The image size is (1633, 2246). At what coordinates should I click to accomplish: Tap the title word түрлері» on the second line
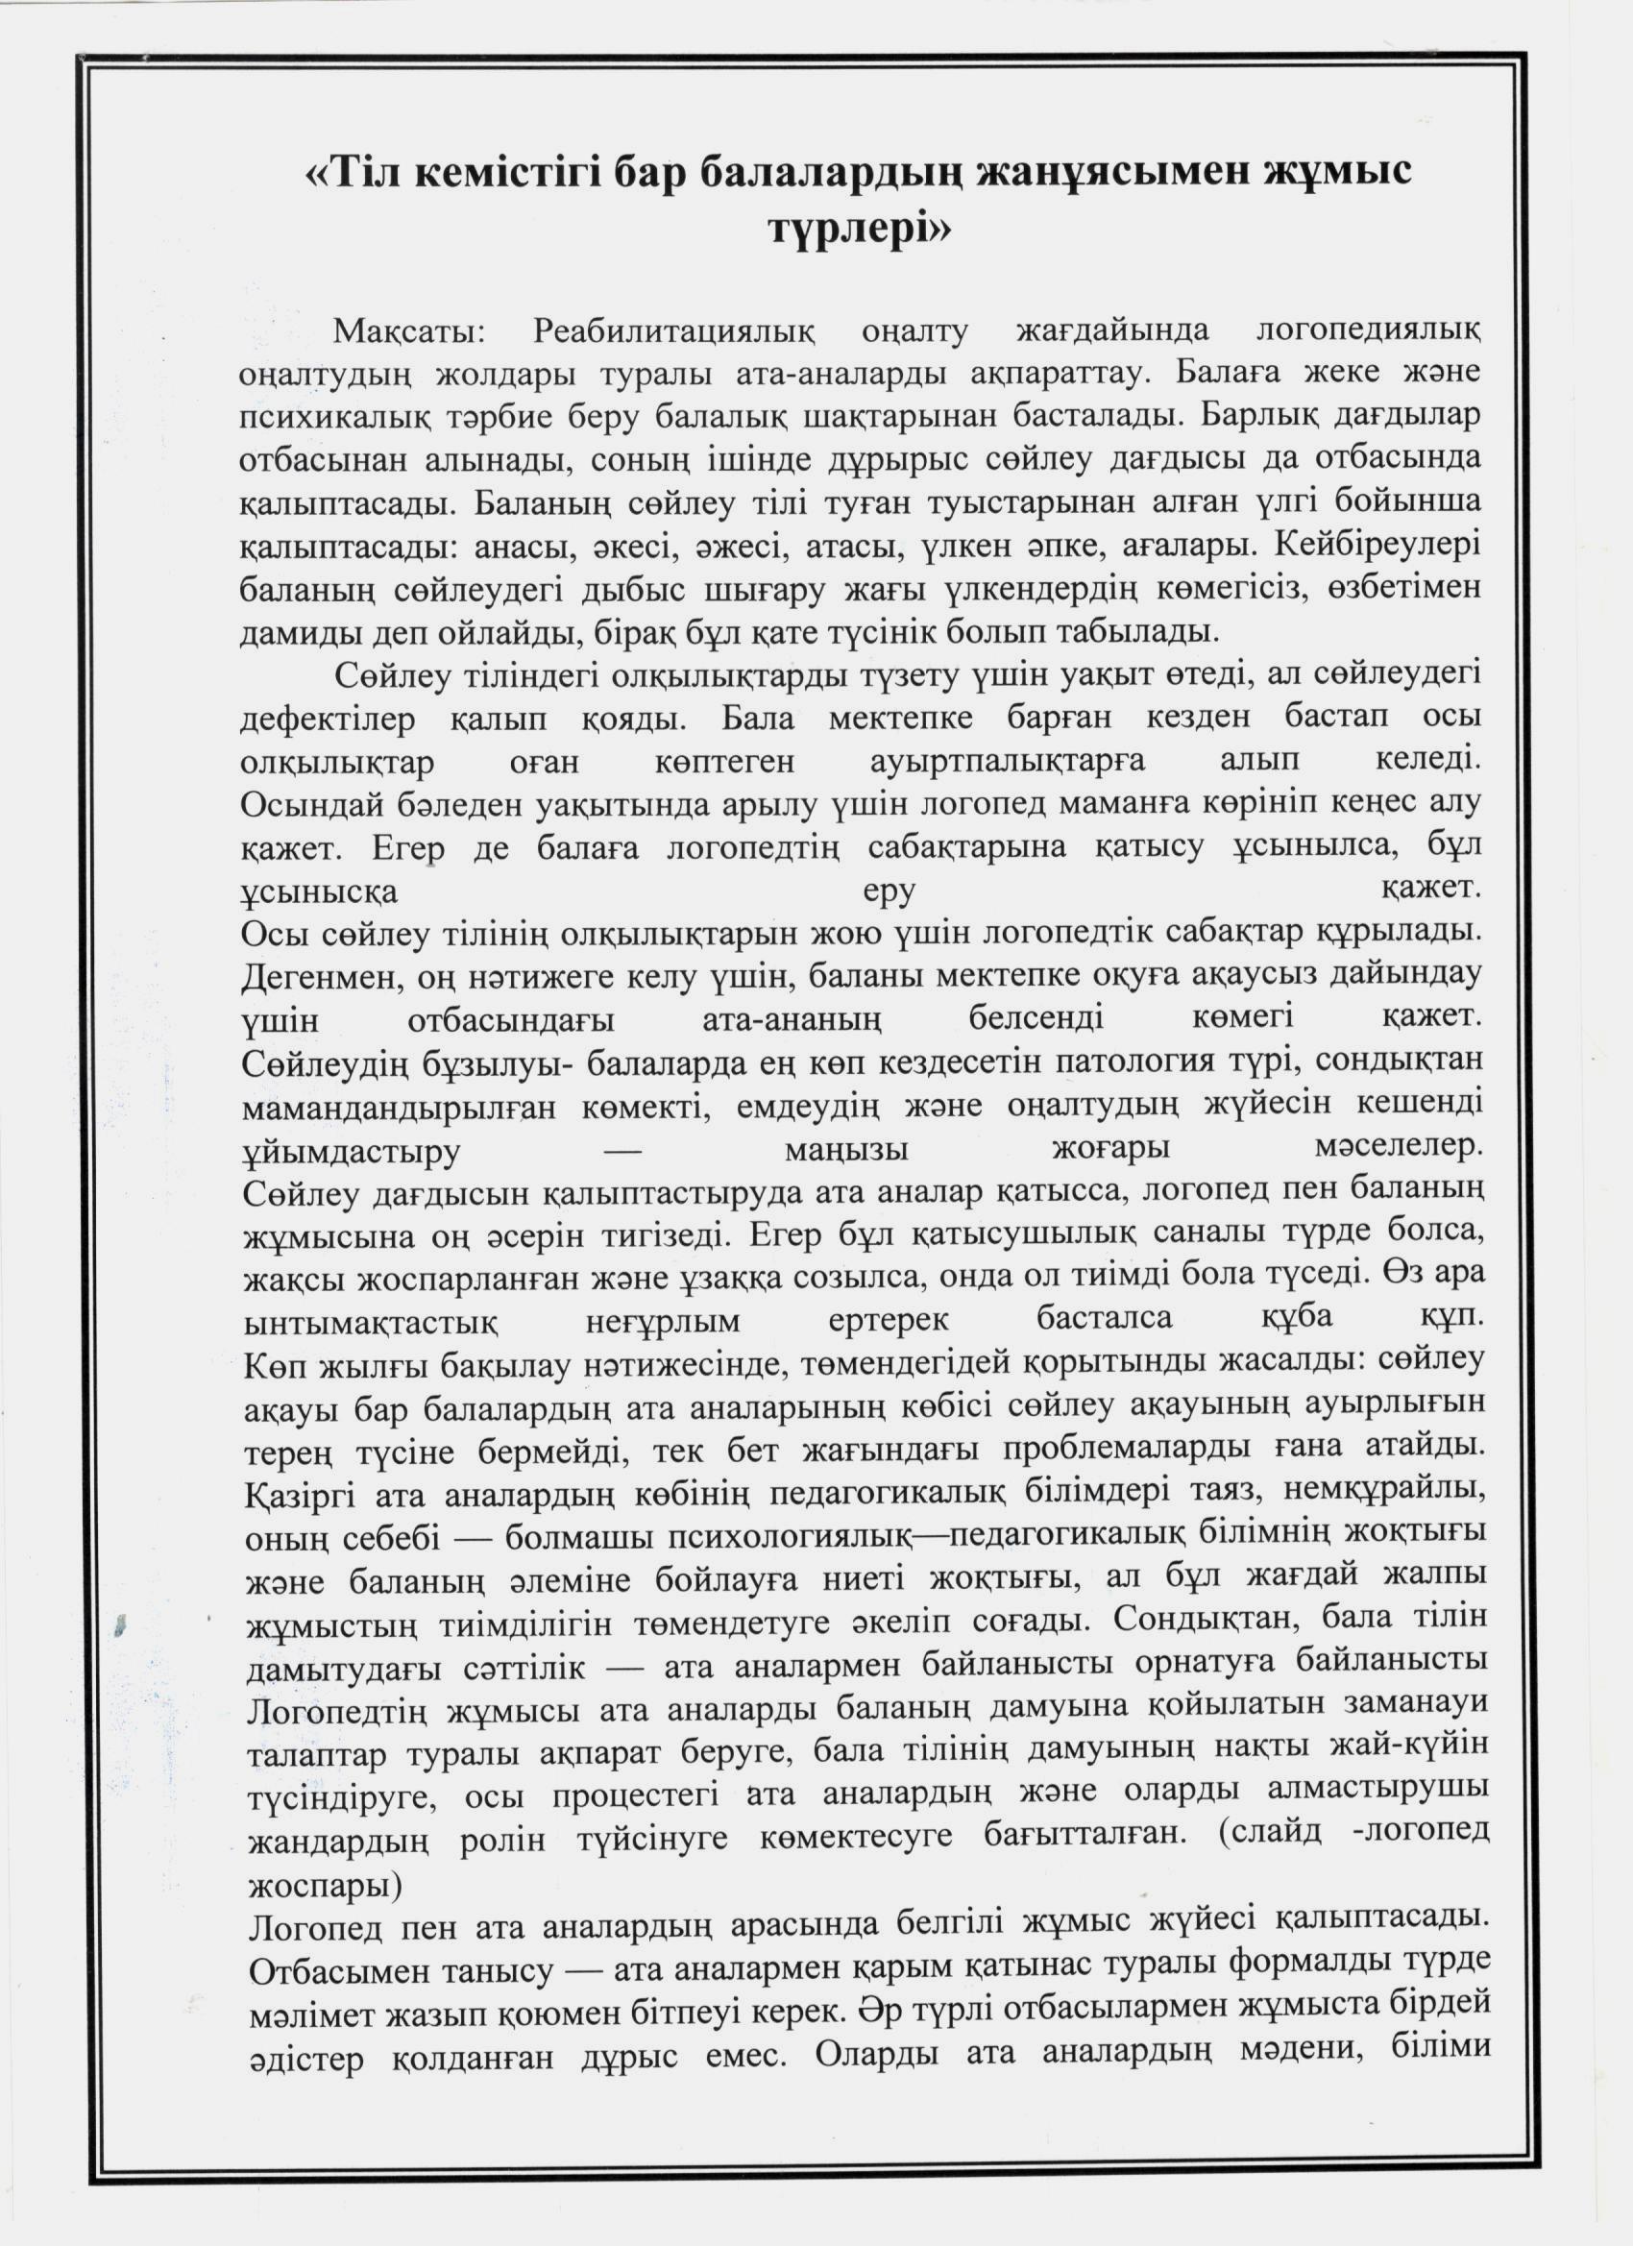[860, 229]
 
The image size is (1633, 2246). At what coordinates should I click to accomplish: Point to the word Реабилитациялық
[673, 330]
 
